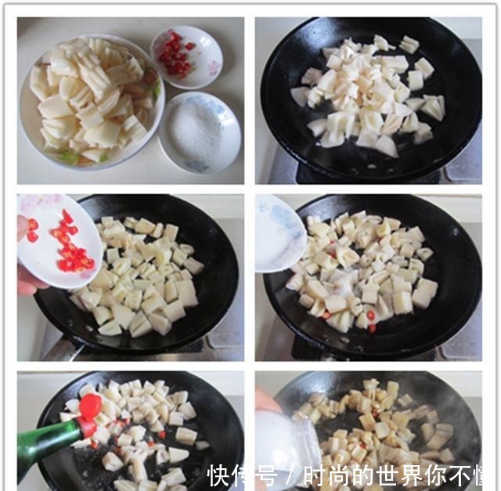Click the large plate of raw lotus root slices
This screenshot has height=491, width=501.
(x=90, y=102)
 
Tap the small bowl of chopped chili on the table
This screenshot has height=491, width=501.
(x=186, y=56)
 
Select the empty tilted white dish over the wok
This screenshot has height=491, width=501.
(x=278, y=233)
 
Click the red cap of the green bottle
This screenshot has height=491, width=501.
(x=90, y=406)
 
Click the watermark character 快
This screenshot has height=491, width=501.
(x=220, y=475)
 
